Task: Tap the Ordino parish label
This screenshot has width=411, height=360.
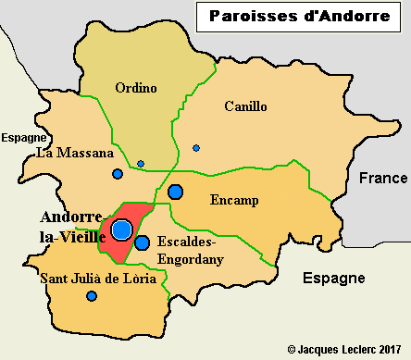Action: coord(136,88)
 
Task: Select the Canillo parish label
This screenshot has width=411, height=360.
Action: coord(245,106)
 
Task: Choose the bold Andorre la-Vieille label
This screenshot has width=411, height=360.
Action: coord(70,226)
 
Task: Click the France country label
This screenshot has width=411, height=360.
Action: coord(382,178)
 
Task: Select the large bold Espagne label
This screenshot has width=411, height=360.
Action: coord(334,278)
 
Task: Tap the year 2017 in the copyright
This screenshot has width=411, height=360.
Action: coord(392,350)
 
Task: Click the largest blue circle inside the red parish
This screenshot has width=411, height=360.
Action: coord(121,230)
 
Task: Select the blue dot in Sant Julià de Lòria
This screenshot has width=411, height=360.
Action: coord(92,296)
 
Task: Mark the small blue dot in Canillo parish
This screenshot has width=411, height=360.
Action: coord(196,147)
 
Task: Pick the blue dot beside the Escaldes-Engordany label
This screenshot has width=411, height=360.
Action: coord(142,243)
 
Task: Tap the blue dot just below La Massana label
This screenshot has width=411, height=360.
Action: coord(118,174)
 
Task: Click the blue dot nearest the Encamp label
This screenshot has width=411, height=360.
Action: coord(176,192)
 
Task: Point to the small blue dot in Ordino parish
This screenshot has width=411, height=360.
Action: coord(141,164)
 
